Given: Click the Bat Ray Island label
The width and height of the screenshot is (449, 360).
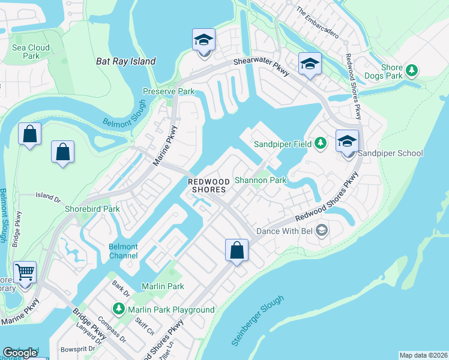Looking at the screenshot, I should (126, 61).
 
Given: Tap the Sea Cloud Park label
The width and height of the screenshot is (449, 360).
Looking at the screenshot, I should (30, 52).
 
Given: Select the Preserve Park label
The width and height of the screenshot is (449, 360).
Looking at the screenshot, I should (169, 92).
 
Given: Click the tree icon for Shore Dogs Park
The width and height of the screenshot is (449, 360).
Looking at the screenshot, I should (412, 71).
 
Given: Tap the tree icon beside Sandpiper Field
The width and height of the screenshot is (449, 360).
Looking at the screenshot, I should (321, 143).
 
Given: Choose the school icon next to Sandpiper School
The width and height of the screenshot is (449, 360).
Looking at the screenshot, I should (347, 142).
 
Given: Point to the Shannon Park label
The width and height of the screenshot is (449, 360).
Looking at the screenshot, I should (261, 179).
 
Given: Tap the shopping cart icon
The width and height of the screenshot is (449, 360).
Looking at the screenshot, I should (25, 272).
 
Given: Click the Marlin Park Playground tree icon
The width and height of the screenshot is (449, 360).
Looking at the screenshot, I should (119, 310).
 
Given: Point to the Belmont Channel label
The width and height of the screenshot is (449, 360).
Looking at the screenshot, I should (123, 251).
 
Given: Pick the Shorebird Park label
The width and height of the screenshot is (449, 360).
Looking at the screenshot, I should (92, 209).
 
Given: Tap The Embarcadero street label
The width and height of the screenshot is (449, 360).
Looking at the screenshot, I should (318, 23).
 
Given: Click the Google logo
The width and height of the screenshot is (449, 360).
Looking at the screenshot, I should (20, 353).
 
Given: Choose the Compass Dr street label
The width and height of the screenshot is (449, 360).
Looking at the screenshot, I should (111, 329).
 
